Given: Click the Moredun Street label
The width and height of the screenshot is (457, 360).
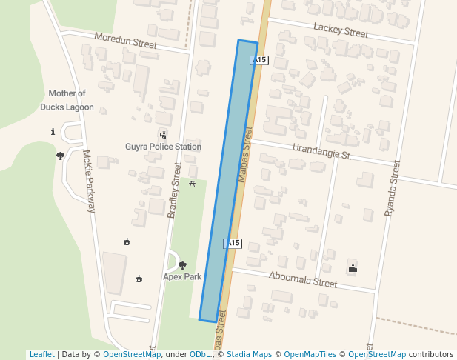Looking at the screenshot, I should pyautogui.click(x=125, y=40).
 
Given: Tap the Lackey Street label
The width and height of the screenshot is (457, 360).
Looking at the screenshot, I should pyautogui.click(x=341, y=29).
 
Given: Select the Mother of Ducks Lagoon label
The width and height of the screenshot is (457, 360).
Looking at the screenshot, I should pyautogui.click(x=67, y=100).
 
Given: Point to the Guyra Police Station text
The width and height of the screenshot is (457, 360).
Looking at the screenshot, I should pyautogui.click(x=163, y=147).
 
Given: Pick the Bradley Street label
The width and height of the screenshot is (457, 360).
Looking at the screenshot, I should pyautogui.click(x=174, y=190).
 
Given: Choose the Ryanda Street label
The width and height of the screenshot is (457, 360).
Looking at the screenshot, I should pyautogui.click(x=392, y=188).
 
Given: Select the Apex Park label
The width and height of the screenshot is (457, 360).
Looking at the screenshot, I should pyautogui.click(x=182, y=276).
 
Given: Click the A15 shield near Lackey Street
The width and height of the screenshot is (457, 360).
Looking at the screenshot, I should pyautogui.click(x=258, y=60).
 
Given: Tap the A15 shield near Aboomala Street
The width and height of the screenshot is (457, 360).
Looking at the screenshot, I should pyautogui.click(x=233, y=243).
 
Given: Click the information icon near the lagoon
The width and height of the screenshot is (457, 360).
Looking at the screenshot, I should pyautogui.click(x=53, y=132).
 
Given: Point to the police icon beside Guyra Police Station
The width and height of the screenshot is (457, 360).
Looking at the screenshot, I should pyautogui.click(x=163, y=135).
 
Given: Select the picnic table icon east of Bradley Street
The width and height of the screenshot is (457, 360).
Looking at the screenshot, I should pyautogui.click(x=192, y=183).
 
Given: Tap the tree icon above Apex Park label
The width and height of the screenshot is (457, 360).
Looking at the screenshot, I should pyautogui.click(x=182, y=265).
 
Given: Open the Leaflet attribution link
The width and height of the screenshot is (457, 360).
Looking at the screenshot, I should pyautogui.click(x=41, y=354).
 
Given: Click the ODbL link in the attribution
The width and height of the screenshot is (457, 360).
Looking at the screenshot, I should pyautogui.click(x=199, y=354).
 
